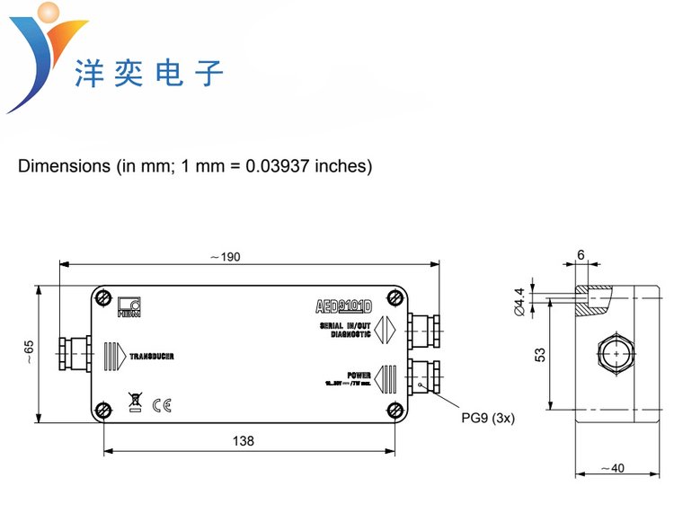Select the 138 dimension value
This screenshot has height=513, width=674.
[x=243, y=441]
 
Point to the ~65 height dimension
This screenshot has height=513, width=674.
[x=27, y=352]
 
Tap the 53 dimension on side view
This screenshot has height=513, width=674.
[x=539, y=355]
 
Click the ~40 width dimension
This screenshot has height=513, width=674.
[x=615, y=467]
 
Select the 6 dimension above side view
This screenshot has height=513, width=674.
[x=581, y=256]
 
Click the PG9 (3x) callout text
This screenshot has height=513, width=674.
[x=489, y=418]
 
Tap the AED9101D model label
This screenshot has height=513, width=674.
[x=344, y=304]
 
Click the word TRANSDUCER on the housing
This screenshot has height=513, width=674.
[x=151, y=357]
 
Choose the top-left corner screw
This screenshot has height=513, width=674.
[x=104, y=297]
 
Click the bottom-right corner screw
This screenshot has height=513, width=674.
[x=396, y=411]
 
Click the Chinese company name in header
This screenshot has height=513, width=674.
[x=148, y=72]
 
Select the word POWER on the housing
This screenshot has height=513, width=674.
[x=359, y=375]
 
